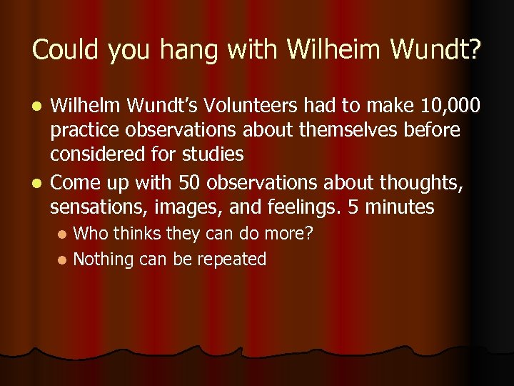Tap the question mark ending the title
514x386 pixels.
[474, 50]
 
